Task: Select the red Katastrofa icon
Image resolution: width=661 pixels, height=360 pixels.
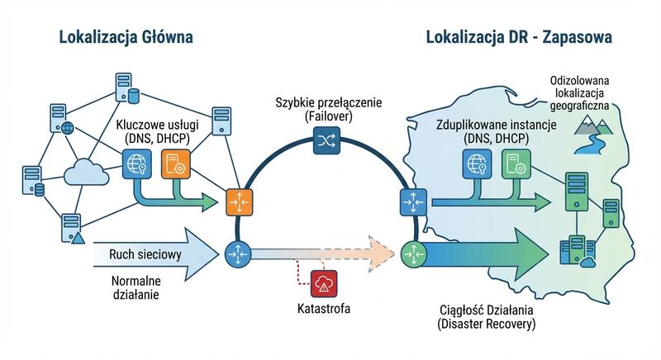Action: coord(322,283)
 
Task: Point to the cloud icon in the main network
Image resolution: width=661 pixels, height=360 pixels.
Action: coord(86,174)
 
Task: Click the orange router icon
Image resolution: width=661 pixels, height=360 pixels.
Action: coord(237,201)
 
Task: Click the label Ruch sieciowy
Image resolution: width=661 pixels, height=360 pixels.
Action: coord(145,253)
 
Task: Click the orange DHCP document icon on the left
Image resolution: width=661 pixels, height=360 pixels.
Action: coord(175,164)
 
